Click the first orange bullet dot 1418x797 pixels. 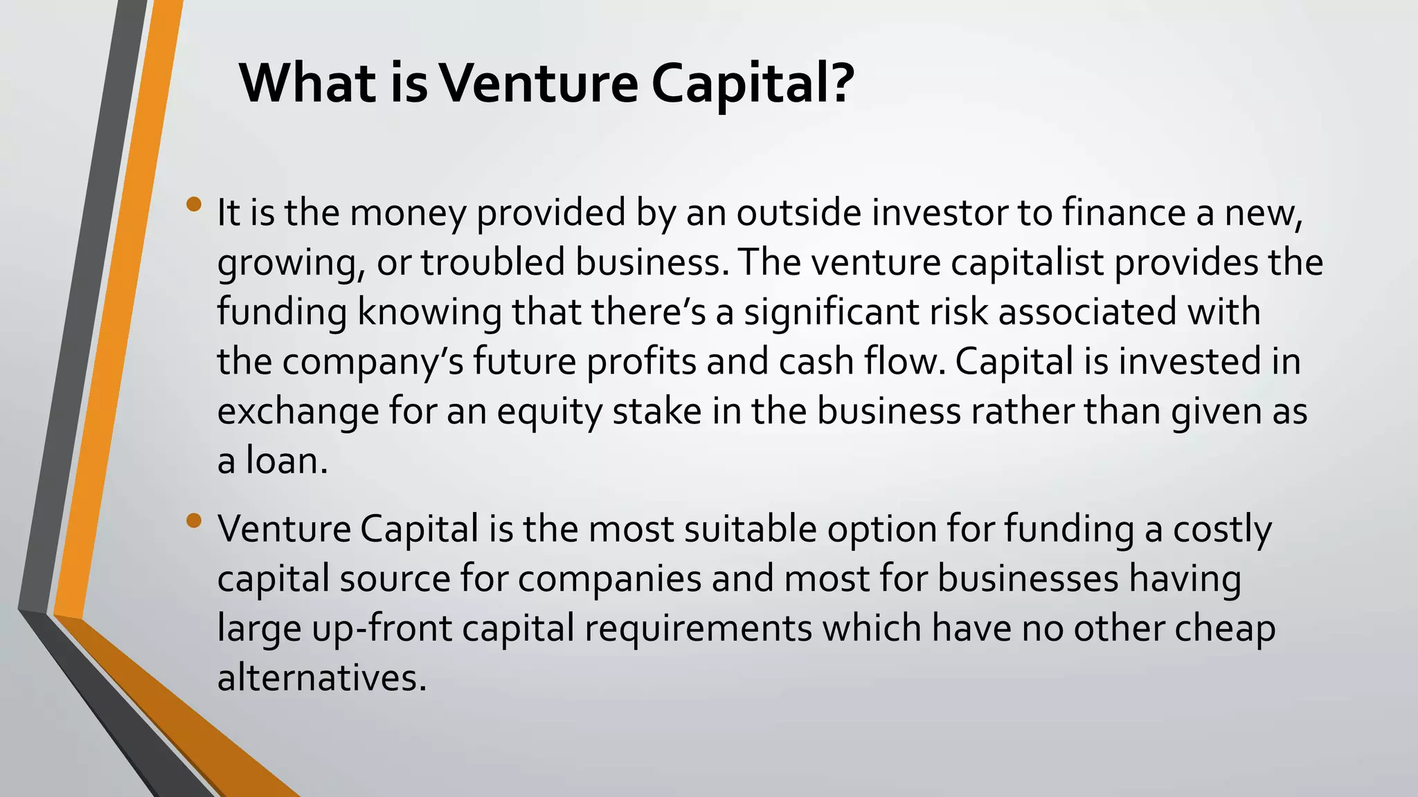point(194,204)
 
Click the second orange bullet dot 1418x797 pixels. point(194,520)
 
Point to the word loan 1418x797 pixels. point(286,461)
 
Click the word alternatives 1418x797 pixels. point(322,679)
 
